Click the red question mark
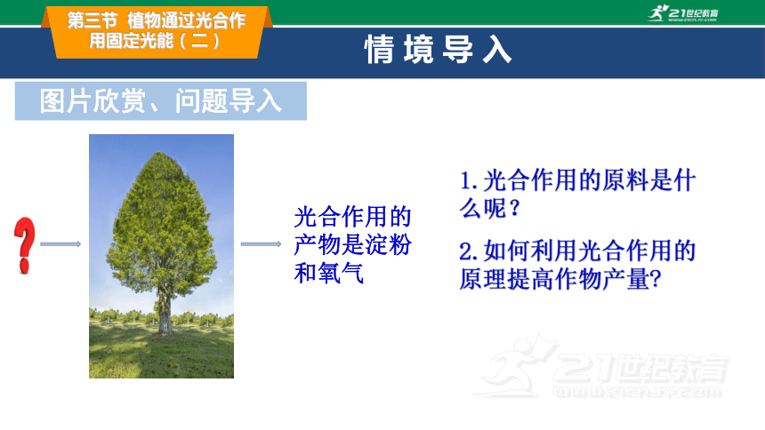(24, 244)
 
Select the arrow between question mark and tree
(60, 243)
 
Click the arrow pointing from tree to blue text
(261, 243)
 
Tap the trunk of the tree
(165, 312)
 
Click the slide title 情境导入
(438, 49)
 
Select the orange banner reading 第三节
(157, 32)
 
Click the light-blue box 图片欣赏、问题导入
(160, 101)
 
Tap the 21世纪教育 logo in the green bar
(683, 13)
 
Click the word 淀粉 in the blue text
(388, 244)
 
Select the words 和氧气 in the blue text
(329, 273)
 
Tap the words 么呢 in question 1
(482, 209)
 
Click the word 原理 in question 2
(482, 279)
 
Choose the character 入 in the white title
(497, 50)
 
